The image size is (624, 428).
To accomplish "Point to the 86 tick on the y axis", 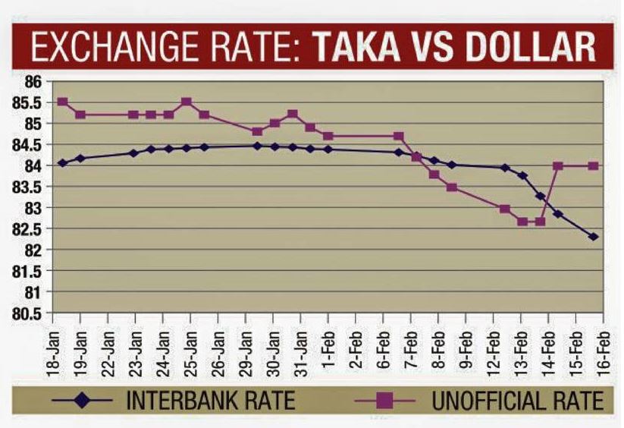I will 35,80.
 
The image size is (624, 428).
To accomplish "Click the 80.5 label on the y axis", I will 30,313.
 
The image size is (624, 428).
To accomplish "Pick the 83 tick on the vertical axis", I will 35,207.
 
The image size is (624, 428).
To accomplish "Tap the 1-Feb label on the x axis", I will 328,346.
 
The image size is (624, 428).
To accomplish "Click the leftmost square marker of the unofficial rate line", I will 62,102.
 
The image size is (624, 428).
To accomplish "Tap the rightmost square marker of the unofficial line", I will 594,165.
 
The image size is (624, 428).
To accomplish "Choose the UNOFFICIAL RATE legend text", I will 517,400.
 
